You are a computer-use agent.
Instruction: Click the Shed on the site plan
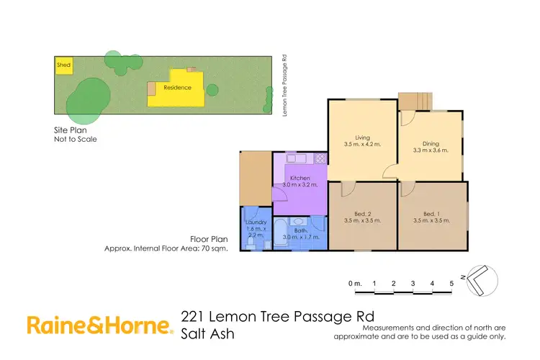tap(63, 66)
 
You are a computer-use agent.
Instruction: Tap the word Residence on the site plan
tap(177, 88)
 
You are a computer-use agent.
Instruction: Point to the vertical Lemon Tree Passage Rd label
tap(284, 83)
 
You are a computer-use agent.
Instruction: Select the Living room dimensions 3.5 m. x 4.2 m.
tap(362, 145)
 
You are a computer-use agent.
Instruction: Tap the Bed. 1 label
tap(431, 214)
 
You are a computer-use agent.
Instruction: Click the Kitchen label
tap(300, 178)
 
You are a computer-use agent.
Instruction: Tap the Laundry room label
tap(256, 222)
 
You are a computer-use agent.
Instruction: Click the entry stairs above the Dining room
tap(416, 101)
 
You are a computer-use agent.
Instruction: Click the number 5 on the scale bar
tap(451, 284)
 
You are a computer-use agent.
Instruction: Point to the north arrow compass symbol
tap(480, 279)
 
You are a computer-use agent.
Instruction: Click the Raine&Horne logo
tap(100, 326)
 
